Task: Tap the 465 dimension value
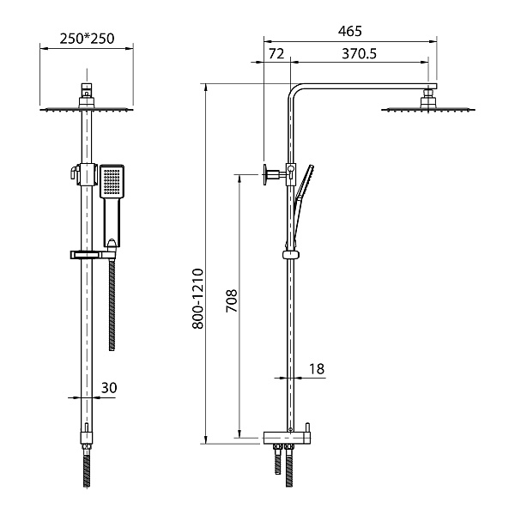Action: point(350,31)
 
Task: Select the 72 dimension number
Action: point(276,53)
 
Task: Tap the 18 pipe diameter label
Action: point(316,369)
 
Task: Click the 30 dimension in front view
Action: point(109,388)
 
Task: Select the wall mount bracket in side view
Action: point(272,173)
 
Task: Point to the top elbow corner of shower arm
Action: point(294,89)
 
